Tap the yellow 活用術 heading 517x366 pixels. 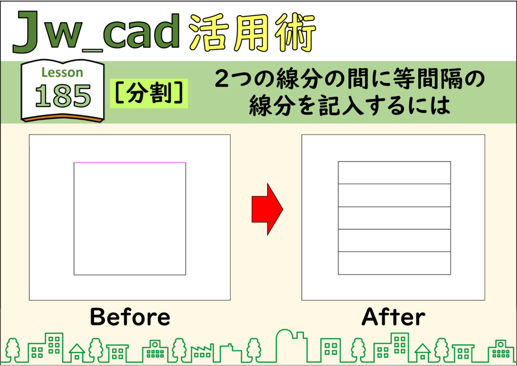[253, 33]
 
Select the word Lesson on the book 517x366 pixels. [62, 72]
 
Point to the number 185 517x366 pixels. [63, 96]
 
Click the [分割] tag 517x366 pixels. [149, 93]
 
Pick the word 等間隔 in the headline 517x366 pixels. [418, 79]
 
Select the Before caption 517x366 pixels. [130, 316]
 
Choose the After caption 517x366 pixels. [393, 316]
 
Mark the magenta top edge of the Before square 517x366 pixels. [130, 162]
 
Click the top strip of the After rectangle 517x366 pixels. [394, 172]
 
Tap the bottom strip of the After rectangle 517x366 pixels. [394, 263]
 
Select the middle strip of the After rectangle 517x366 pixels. [394, 218]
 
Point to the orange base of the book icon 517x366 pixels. [63, 118]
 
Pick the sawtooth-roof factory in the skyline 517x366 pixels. [201, 352]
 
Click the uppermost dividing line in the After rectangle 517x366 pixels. [394, 184]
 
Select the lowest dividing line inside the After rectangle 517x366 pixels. [394, 252]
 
